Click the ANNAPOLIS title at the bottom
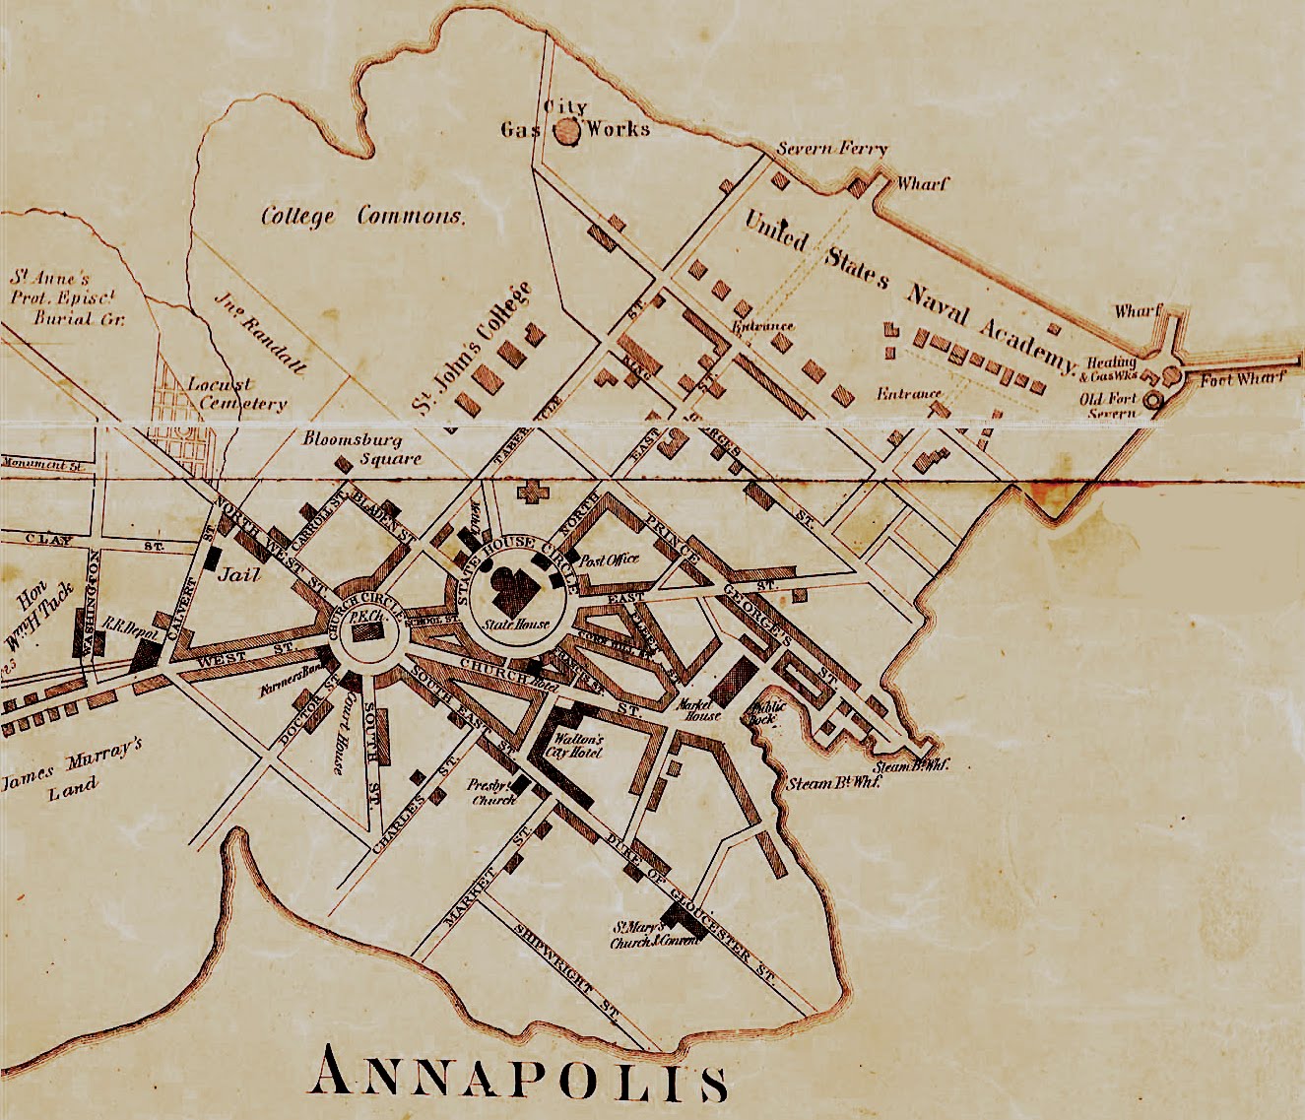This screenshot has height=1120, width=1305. (519, 1075)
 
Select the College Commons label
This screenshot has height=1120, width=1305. (362, 216)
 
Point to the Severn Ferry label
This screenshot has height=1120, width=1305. (832, 150)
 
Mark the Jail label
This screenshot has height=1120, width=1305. (243, 572)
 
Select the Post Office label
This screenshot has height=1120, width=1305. (610, 560)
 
